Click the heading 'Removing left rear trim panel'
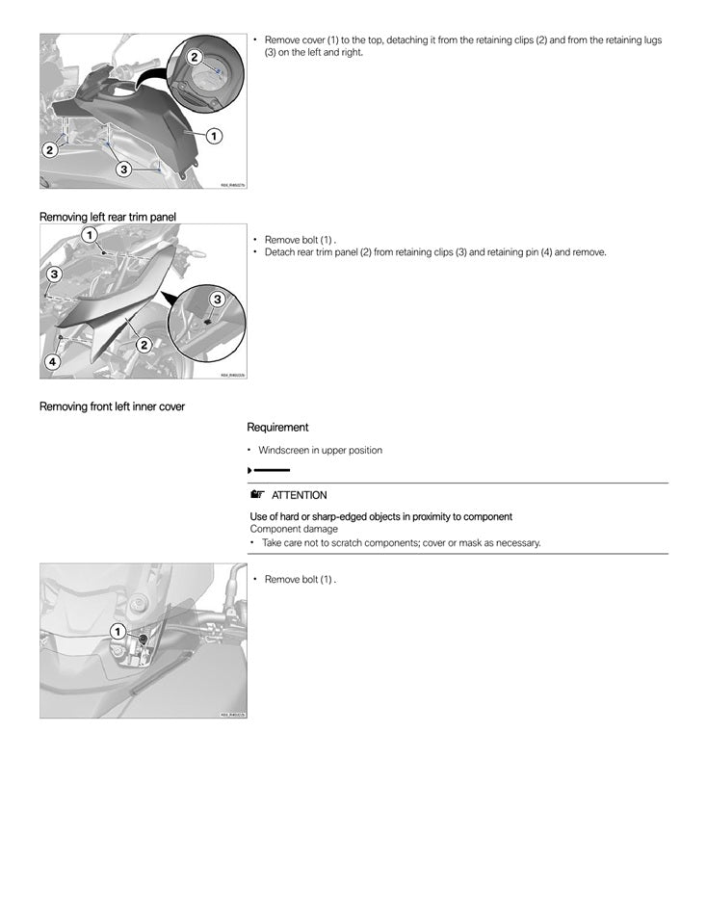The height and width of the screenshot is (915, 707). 108,216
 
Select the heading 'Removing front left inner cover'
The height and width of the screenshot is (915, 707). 112,406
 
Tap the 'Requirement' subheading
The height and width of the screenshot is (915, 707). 277,427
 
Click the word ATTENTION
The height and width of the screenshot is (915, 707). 299,495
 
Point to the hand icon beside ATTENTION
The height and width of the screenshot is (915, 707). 256,495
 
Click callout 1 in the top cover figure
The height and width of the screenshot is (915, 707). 213,136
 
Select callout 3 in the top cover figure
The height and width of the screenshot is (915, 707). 123,170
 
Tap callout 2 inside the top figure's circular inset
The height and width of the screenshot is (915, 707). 195,57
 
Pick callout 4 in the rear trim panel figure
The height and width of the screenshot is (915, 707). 52,362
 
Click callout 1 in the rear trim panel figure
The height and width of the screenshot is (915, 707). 88,235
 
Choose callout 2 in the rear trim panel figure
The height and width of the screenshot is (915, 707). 144,344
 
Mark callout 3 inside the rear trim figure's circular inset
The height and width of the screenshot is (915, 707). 217,300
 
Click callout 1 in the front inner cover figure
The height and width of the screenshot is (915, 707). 117,631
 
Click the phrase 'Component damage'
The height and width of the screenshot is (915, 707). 294,529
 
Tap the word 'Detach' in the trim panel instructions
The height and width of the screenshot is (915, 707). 280,252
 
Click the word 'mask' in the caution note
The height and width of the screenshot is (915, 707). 459,543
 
